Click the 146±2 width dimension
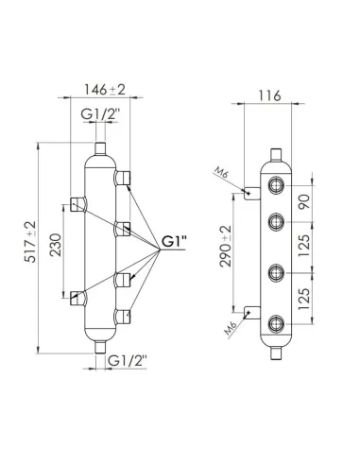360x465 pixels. click(x=99, y=92)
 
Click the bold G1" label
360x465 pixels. click(x=173, y=241)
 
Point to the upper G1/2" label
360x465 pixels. click(x=101, y=114)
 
